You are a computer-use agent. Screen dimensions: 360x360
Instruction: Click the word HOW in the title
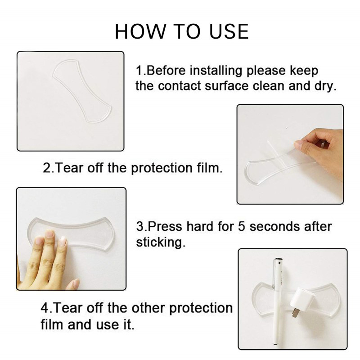(140, 31)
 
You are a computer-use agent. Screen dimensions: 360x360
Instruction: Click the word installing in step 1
(216, 71)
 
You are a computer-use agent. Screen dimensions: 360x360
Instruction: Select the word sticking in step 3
(161, 242)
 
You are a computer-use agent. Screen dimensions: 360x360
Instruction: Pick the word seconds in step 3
(275, 227)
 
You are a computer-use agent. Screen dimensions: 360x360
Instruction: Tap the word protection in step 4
(201, 308)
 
